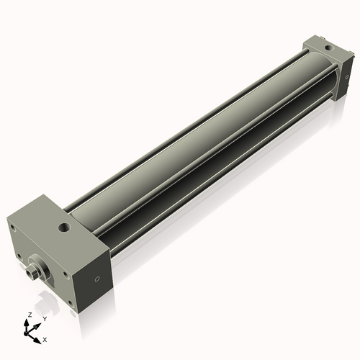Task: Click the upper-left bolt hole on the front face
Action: (12, 227)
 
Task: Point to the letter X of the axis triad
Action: (45, 338)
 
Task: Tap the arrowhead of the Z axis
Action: (27, 322)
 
